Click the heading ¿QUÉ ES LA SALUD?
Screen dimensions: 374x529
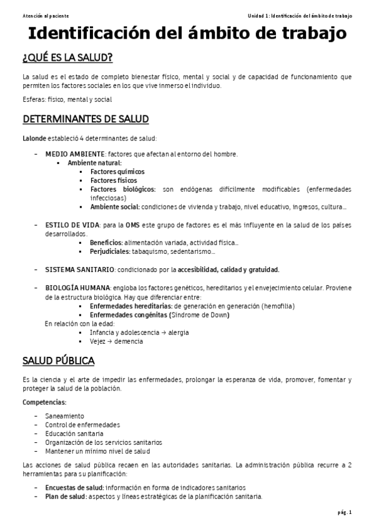coord(67,59)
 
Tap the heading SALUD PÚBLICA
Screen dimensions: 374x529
coord(59,361)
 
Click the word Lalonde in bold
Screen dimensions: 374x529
coord(35,138)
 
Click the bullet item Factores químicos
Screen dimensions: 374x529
coord(117,171)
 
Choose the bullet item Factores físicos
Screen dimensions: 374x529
coord(113,180)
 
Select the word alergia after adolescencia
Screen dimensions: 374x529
coord(179,332)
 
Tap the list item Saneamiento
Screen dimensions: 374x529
coord(64,415)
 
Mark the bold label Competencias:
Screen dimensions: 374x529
coord(44,402)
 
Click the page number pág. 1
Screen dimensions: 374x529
coord(345,513)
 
